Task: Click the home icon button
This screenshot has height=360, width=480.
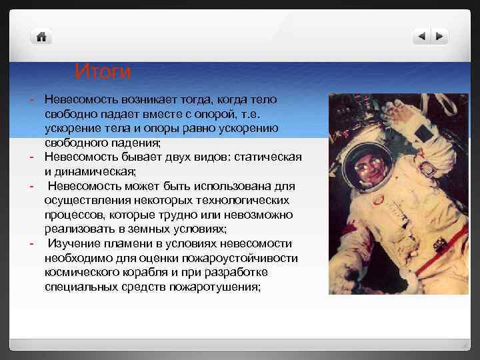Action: [41, 37]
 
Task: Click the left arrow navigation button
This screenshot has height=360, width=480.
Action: [421, 37]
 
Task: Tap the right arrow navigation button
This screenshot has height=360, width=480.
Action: [439, 37]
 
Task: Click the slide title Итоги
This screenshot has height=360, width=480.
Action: [103, 71]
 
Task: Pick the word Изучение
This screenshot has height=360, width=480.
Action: [75, 244]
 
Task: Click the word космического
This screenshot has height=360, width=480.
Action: [85, 273]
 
